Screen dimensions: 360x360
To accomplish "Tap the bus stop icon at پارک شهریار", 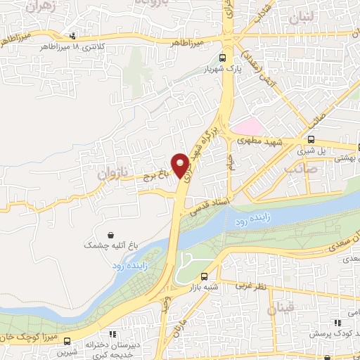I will (x=223, y=59).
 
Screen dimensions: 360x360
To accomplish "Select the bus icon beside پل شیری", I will (x=311, y=139).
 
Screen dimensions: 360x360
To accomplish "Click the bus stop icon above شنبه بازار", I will (x=204, y=276).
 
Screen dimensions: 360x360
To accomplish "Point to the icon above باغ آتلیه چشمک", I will (x=110, y=235).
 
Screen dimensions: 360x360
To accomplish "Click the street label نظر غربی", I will (x=250, y=287).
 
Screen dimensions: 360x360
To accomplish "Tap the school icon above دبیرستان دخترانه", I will (x=111, y=335).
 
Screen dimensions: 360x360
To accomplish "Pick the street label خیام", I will (x=229, y=162).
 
